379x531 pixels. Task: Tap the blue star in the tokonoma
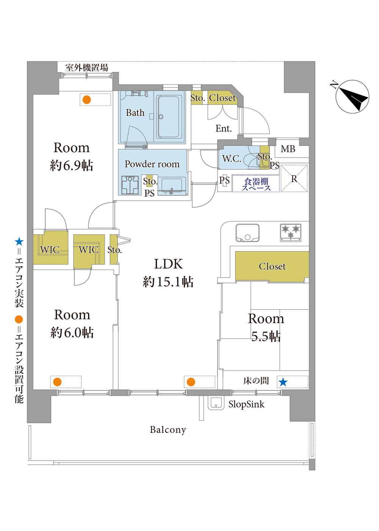tap(283, 382)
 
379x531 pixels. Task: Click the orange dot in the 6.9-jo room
tap(87, 100)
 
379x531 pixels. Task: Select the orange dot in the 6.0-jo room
tap(57, 382)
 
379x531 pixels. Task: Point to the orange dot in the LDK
tap(191, 382)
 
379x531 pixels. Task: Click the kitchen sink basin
tap(247, 233)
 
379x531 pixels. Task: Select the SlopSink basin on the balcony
tap(216, 404)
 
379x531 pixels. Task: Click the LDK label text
tap(168, 264)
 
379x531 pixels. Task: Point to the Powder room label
tap(152, 164)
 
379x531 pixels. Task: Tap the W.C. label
tap(232, 159)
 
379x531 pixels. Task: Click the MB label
tap(288, 149)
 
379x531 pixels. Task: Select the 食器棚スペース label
tap(257, 184)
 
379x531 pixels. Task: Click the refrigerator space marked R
tap(294, 179)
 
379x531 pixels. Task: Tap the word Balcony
tap(168, 430)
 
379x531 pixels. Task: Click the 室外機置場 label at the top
tap(86, 68)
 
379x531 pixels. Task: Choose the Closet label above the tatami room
tap(272, 266)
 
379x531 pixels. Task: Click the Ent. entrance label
tap(223, 129)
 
